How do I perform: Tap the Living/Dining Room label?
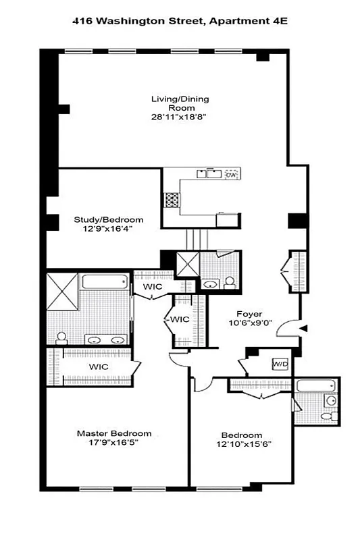point(179,103)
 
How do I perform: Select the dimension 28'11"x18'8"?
point(179,117)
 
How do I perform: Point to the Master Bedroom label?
point(113,433)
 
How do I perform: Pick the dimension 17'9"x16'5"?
point(113,443)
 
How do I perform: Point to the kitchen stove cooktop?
point(172,200)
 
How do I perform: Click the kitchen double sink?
point(206,174)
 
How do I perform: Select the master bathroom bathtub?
point(105,283)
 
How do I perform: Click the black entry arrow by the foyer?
point(303,329)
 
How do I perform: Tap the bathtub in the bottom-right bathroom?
point(311,387)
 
